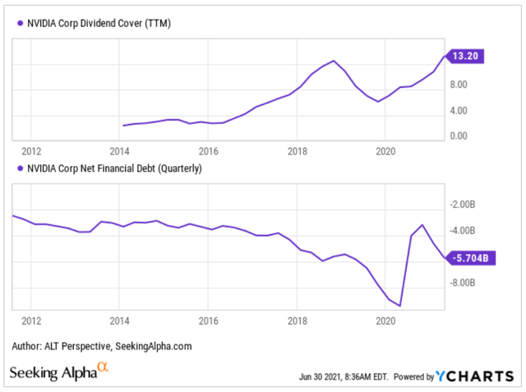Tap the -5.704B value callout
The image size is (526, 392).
click(471, 257)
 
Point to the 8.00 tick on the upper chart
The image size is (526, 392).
click(458, 84)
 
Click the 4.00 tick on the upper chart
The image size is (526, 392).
click(458, 110)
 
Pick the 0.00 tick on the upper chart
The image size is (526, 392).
click(458, 136)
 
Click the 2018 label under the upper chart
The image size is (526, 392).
click(297, 151)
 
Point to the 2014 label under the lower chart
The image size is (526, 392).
click(119, 321)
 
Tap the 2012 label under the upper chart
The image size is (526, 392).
click(31, 151)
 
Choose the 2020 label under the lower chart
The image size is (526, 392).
click(385, 321)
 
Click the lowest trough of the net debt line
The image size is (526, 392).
click(399, 306)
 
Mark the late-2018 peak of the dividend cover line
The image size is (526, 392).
click(334, 61)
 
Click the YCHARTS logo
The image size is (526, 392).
click(476, 376)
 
